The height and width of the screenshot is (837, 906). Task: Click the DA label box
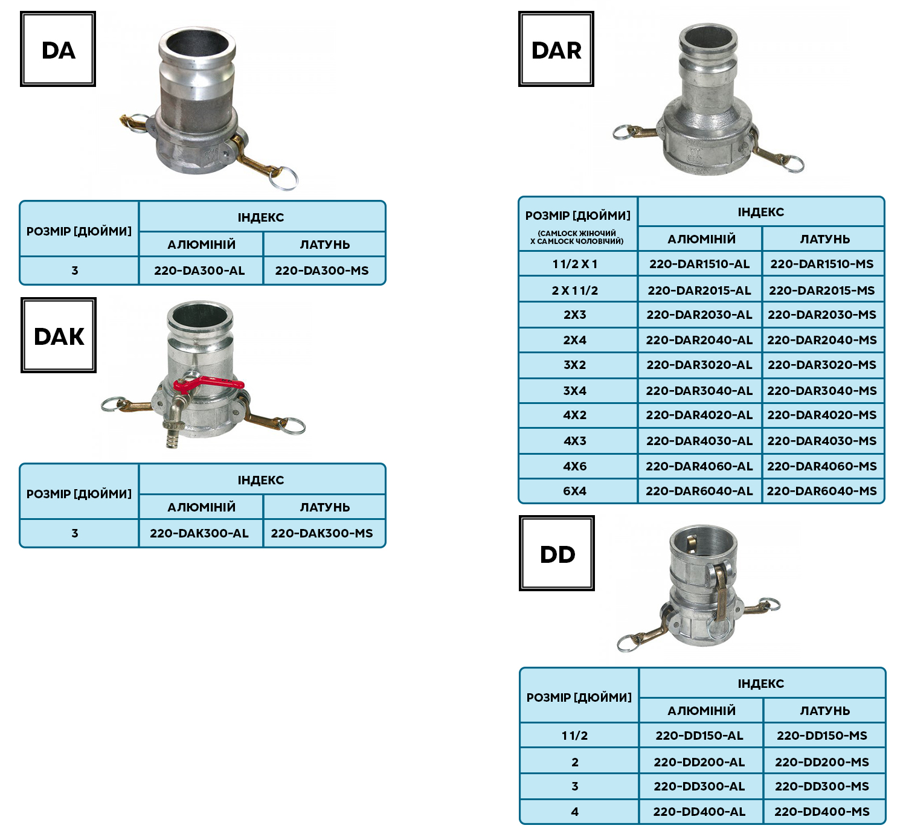(58, 50)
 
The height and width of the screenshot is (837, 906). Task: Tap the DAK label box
(59, 335)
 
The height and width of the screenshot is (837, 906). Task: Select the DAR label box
(556, 50)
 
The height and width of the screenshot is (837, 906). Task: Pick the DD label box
(557, 553)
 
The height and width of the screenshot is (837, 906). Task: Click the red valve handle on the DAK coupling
(209, 383)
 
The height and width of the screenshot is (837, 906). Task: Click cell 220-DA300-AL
(200, 271)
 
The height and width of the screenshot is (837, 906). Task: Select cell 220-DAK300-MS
(322, 533)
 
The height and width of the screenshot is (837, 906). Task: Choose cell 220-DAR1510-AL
(699, 264)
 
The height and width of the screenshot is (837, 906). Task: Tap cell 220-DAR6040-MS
(822, 491)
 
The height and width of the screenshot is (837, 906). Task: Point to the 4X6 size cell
(575, 466)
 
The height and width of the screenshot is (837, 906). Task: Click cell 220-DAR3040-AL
(699, 391)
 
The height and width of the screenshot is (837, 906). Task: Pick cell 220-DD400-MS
(822, 812)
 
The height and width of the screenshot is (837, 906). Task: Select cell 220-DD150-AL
(699, 736)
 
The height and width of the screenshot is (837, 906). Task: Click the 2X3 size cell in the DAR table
(575, 315)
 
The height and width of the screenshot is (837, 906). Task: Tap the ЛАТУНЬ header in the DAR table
(824, 239)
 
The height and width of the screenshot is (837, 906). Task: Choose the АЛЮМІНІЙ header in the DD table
(701, 711)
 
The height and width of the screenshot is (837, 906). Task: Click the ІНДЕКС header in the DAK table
(261, 480)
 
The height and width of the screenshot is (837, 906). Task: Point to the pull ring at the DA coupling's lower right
(284, 177)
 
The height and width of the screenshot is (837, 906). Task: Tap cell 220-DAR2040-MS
(822, 340)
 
